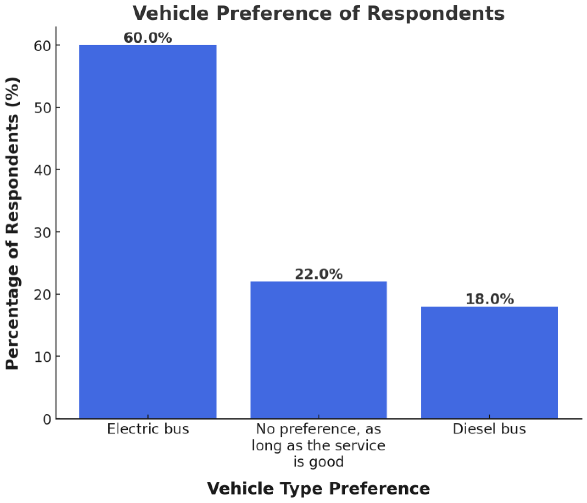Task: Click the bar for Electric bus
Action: click(x=148, y=232)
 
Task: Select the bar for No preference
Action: click(x=319, y=350)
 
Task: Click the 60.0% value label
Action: click(x=148, y=38)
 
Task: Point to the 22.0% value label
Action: click(x=319, y=274)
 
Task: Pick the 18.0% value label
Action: click(x=489, y=299)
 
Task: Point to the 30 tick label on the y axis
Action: click(x=42, y=233)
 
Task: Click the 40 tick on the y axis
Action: click(x=42, y=170)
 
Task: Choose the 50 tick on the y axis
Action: click(x=42, y=108)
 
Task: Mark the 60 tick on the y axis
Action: click(x=42, y=46)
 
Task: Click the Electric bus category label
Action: click(x=148, y=429)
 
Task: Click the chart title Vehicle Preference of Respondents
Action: click(x=319, y=13)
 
